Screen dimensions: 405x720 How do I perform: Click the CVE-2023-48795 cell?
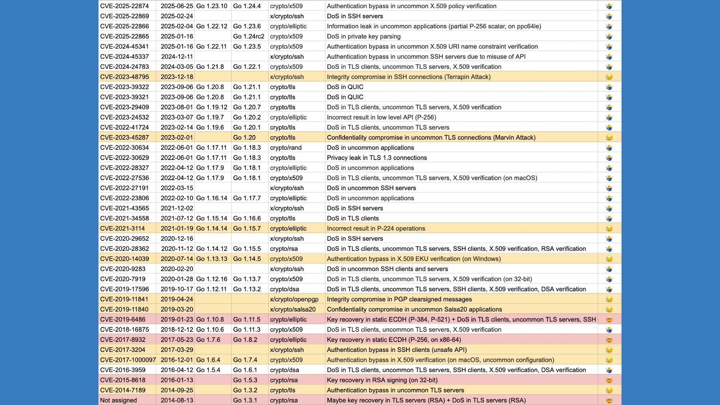tap(125, 77)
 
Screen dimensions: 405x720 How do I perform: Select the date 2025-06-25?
tap(177, 6)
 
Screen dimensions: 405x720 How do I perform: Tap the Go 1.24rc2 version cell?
tap(249, 36)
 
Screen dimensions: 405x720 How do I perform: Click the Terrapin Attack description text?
tap(409, 77)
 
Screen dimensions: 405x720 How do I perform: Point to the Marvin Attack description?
tap(431, 138)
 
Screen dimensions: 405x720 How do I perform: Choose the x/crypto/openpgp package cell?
tap(294, 299)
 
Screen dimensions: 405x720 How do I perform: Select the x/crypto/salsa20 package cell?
tap(293, 309)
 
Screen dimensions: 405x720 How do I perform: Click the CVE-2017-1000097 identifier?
tap(128, 360)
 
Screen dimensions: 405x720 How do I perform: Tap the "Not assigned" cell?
tap(118, 400)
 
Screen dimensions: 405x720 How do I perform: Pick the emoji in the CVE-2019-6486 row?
tap(609, 319)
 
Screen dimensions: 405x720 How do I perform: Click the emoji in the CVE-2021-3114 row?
tap(609, 229)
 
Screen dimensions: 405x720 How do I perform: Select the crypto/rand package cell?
tap(286, 148)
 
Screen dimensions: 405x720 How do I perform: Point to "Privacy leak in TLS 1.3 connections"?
tap(377, 158)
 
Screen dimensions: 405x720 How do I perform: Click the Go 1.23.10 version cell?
tap(212, 6)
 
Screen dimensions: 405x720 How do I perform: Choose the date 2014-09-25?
tap(177, 390)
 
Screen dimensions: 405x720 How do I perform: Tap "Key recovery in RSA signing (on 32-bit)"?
tap(382, 380)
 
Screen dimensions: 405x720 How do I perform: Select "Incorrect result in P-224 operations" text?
tap(376, 229)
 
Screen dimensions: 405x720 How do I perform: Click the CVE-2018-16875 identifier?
tap(125, 329)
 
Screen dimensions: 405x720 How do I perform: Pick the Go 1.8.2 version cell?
tap(245, 339)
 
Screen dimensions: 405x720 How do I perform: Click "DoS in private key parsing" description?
tap(364, 36)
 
